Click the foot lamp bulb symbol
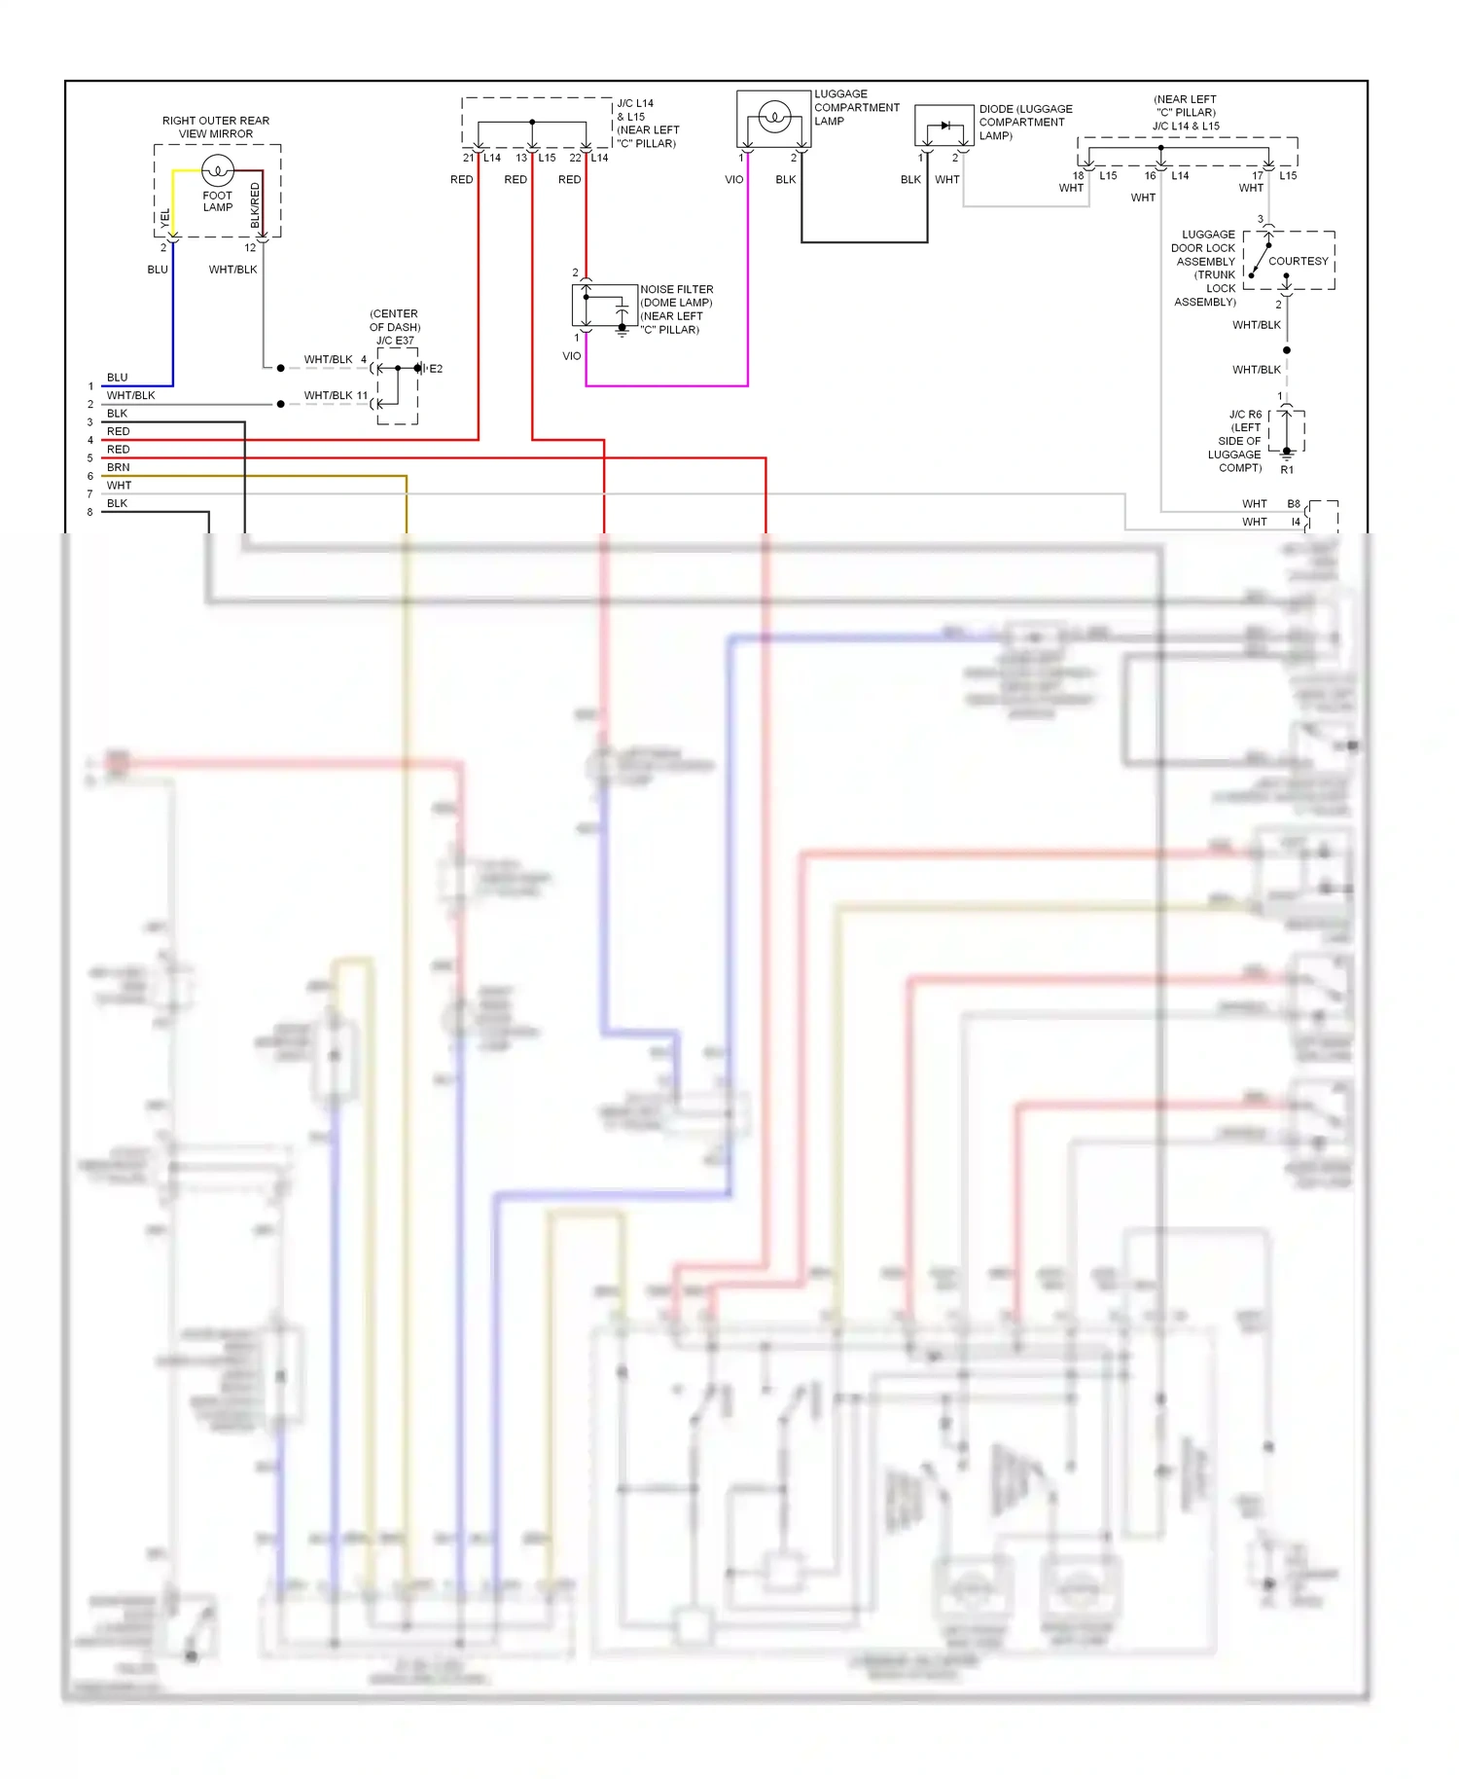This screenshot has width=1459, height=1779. [218, 170]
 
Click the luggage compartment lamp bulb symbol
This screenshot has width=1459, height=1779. [774, 118]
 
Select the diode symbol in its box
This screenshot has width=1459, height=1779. [944, 126]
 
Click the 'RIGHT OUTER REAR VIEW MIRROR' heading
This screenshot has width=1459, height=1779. [216, 127]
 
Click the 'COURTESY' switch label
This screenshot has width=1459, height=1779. [1298, 261]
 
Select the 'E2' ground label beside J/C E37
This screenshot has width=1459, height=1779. [436, 369]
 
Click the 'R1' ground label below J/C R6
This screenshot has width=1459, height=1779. [1287, 470]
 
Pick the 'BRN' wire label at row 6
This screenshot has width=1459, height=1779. [118, 467]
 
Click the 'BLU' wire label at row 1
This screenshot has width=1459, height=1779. [117, 378]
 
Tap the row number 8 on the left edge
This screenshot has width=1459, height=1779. [90, 512]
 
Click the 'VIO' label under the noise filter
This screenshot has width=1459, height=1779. [572, 356]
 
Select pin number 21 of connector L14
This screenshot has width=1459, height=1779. [468, 158]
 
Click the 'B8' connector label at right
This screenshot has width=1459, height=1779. [1294, 504]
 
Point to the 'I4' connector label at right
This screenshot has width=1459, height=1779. [1296, 523]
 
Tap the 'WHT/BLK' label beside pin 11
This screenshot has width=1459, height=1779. [328, 395]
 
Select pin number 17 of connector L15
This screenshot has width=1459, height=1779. [1258, 176]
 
